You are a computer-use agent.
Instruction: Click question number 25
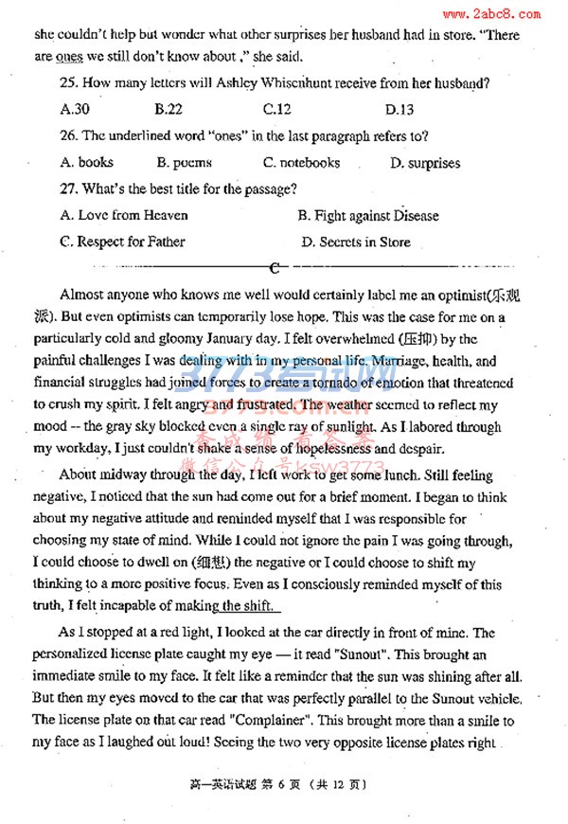point(69,83)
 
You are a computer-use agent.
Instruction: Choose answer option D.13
point(399,109)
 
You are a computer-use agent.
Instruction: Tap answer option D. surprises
point(425,163)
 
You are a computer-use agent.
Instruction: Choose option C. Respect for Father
point(122,242)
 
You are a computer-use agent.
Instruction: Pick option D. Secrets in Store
point(355,242)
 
